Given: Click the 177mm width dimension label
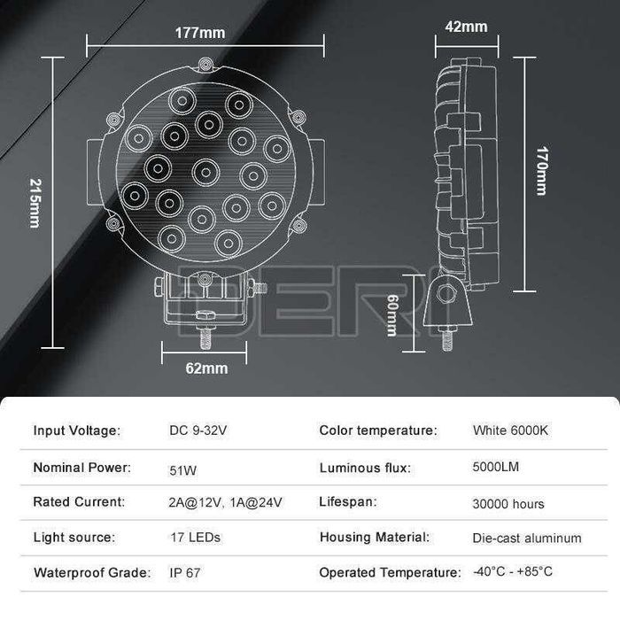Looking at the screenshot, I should click(200, 34).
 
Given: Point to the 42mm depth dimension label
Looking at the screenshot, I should click(466, 27).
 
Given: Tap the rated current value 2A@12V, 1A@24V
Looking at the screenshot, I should click(226, 502).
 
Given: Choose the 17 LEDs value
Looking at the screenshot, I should click(195, 538).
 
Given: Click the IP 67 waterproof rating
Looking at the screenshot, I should click(185, 572).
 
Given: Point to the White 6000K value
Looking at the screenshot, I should click(511, 430).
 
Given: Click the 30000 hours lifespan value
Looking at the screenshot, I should click(508, 503).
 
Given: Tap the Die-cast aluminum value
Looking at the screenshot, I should click(527, 538).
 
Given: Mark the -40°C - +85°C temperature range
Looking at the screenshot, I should click(513, 571).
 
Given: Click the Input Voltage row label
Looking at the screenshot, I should click(76, 430).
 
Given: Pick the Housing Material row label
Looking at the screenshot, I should click(375, 537).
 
